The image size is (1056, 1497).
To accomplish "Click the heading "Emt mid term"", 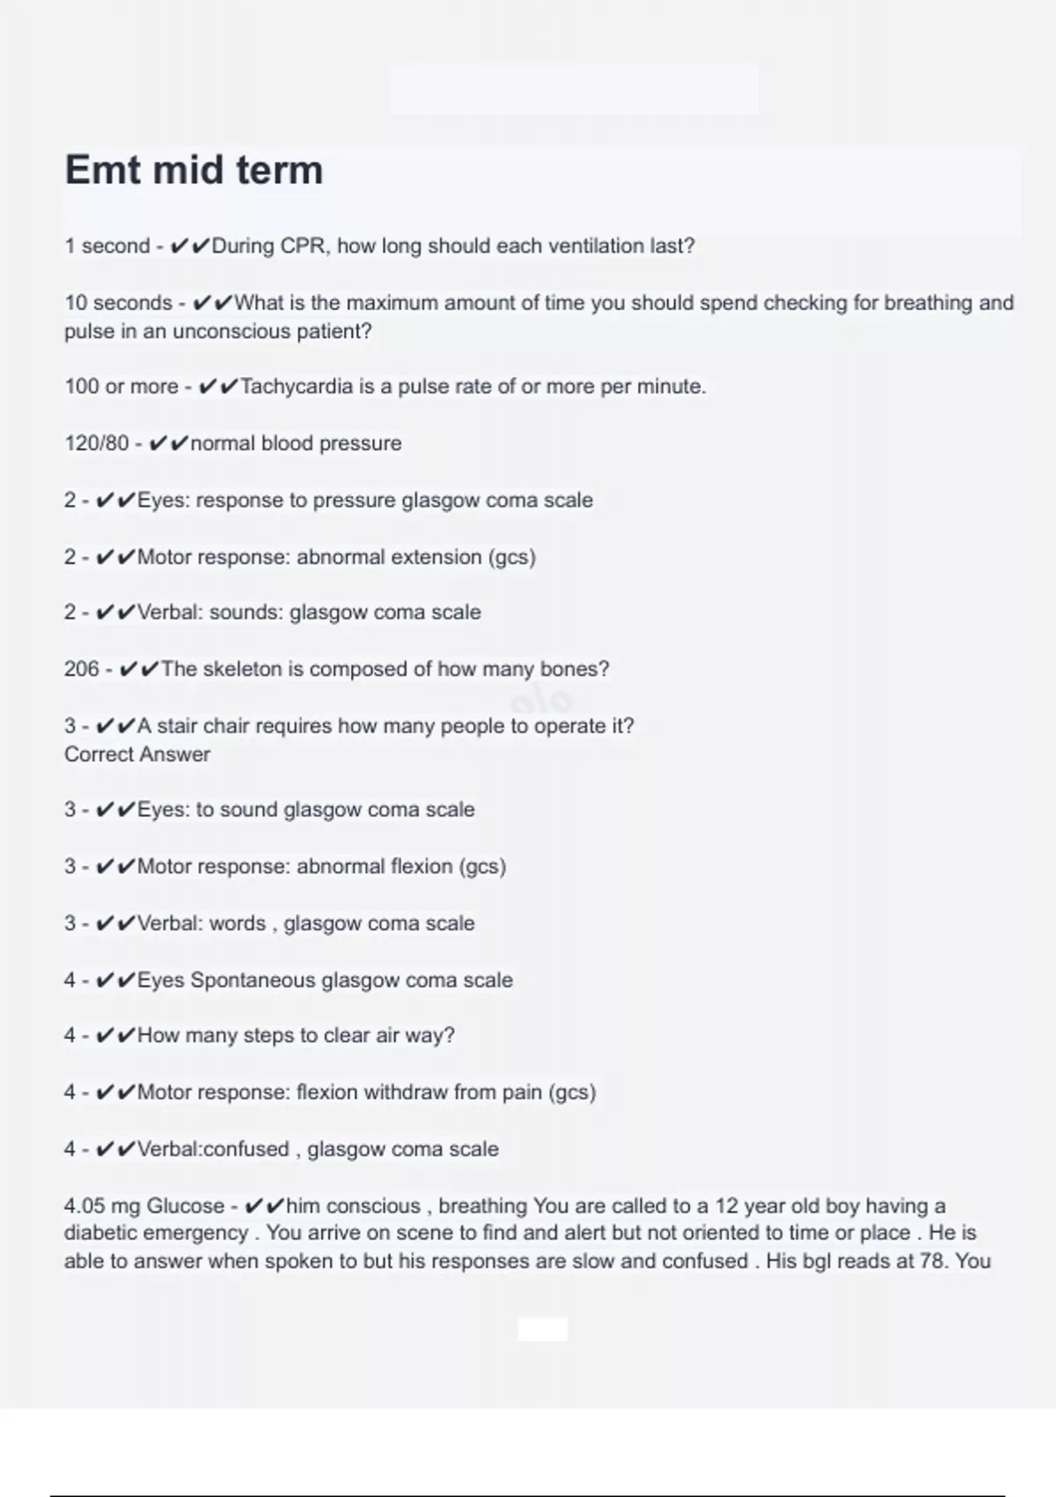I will coord(194,170).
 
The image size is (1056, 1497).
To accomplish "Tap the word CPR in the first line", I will coord(304,246).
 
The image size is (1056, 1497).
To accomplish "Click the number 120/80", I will coord(96,443).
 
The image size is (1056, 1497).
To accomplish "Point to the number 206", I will coord(81,669).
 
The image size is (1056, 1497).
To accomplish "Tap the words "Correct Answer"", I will coord(137,755).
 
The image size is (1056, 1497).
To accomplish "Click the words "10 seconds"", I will coord(118,303).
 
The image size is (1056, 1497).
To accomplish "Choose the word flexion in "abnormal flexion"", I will coord(422,866).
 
